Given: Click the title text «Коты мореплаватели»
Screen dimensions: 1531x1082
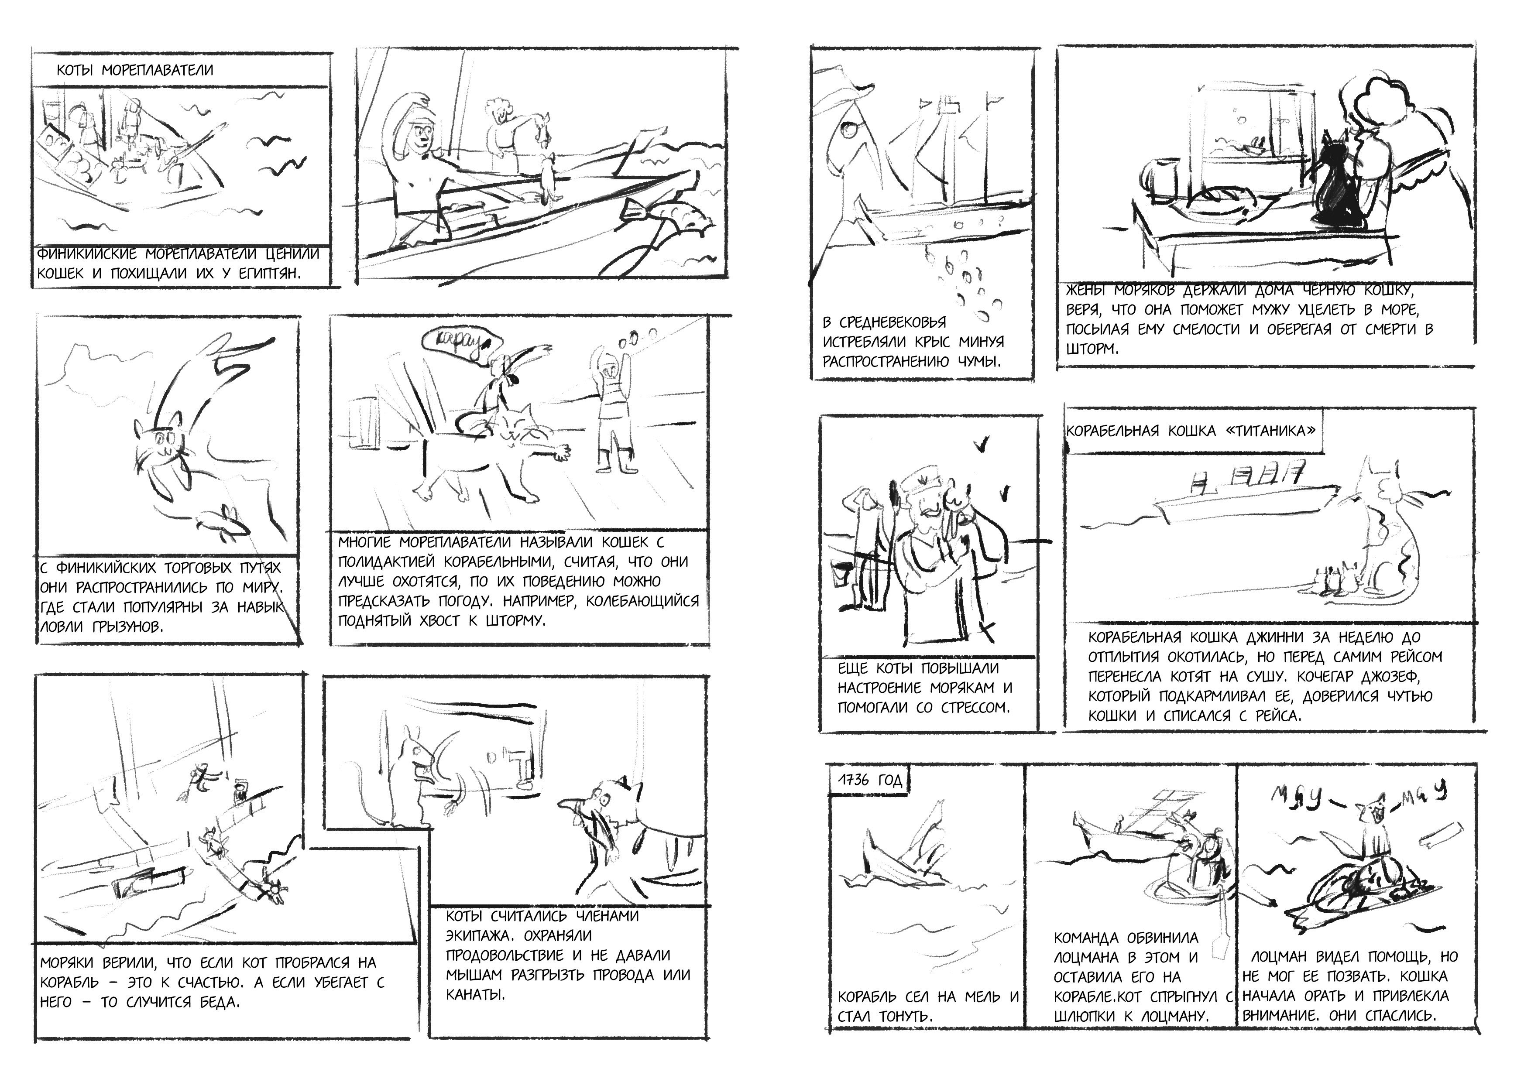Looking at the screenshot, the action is [x=135, y=70].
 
